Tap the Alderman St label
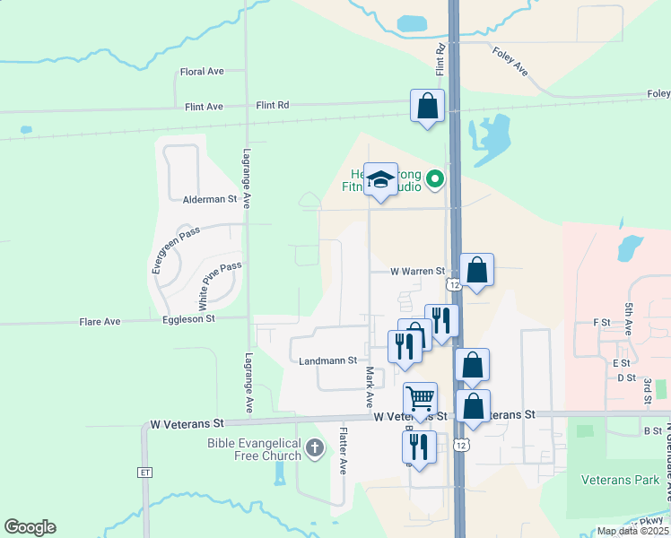coord(209,199)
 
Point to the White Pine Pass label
coord(219,280)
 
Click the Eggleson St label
coord(188,318)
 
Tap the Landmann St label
coord(327,360)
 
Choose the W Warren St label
coord(417,271)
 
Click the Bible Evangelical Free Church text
coord(256,448)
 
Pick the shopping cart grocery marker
coord(420,398)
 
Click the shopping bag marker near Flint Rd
coord(428,106)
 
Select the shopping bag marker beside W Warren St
coord(476,269)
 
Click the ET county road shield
coord(145,472)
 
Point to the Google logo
coord(30,527)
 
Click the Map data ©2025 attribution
coord(632,531)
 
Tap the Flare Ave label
coord(100,322)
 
